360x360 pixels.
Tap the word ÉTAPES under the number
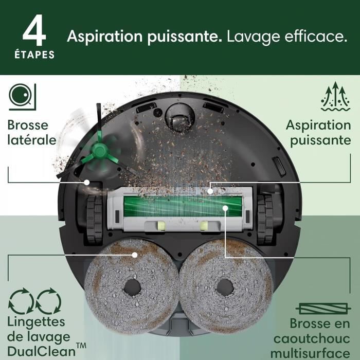tap(34, 55)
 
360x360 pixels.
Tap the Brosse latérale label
tap(31, 133)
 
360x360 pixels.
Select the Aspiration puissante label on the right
tap(318, 133)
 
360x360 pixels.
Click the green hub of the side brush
tap(98, 150)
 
